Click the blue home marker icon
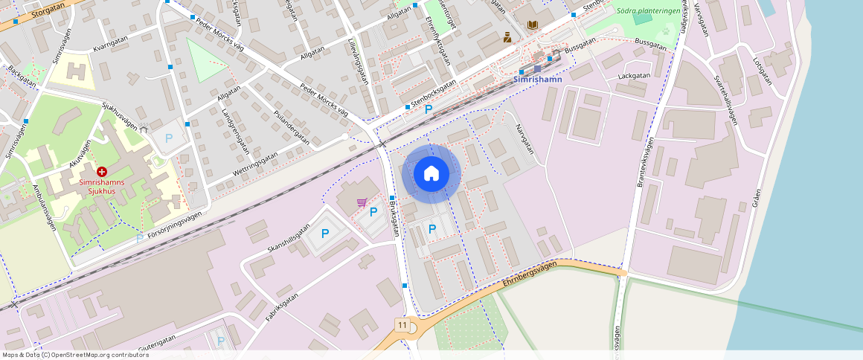pos(431,173)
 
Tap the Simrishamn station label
pos(538,79)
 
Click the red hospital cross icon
pos(102,171)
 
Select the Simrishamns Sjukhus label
pos(103,185)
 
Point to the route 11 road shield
pos(402,325)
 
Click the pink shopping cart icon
pos(362,202)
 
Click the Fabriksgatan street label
pos(281,306)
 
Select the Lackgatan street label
pos(635,76)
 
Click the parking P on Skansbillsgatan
pos(325,234)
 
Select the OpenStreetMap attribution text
pos(74,355)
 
